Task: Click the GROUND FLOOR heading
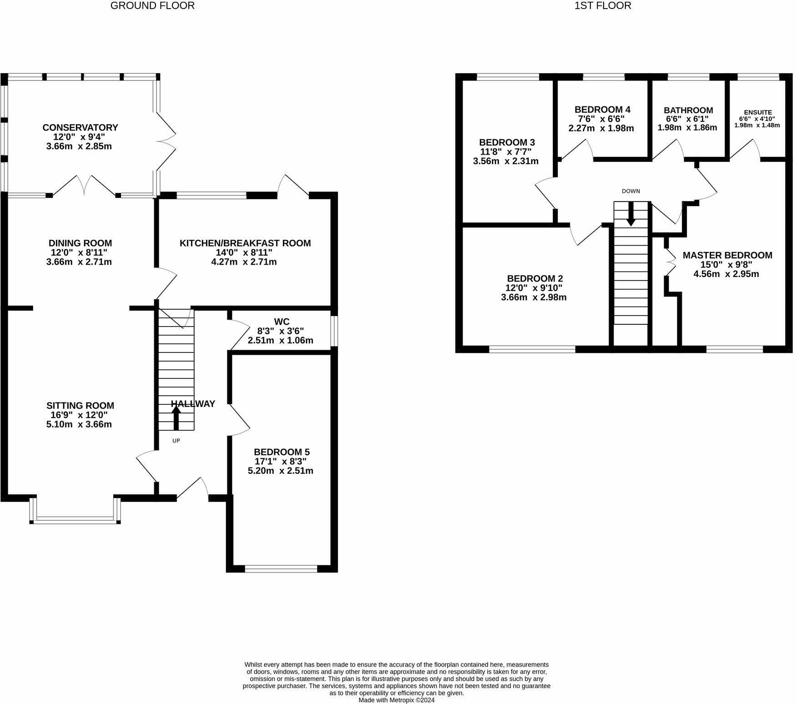pyautogui.click(x=152, y=6)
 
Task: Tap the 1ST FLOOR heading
pyautogui.click(x=603, y=6)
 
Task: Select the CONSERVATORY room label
pyautogui.click(x=80, y=128)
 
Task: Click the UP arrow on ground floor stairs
pyautogui.click(x=176, y=418)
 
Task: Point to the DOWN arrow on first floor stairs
pyautogui.click(x=631, y=213)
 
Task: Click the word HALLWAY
pyautogui.click(x=193, y=404)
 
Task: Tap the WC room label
pyautogui.click(x=282, y=322)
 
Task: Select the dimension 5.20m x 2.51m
pyautogui.click(x=280, y=471)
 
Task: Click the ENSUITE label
pyautogui.click(x=757, y=112)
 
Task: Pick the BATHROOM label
pyautogui.click(x=688, y=110)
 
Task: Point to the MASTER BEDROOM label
pyautogui.click(x=727, y=255)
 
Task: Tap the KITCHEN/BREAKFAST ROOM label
pyautogui.click(x=245, y=243)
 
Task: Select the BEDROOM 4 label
pyautogui.click(x=602, y=110)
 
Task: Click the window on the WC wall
pyautogui.click(x=334, y=331)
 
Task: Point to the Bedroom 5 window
pyautogui.click(x=281, y=568)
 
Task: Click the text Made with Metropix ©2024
pyautogui.click(x=396, y=700)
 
